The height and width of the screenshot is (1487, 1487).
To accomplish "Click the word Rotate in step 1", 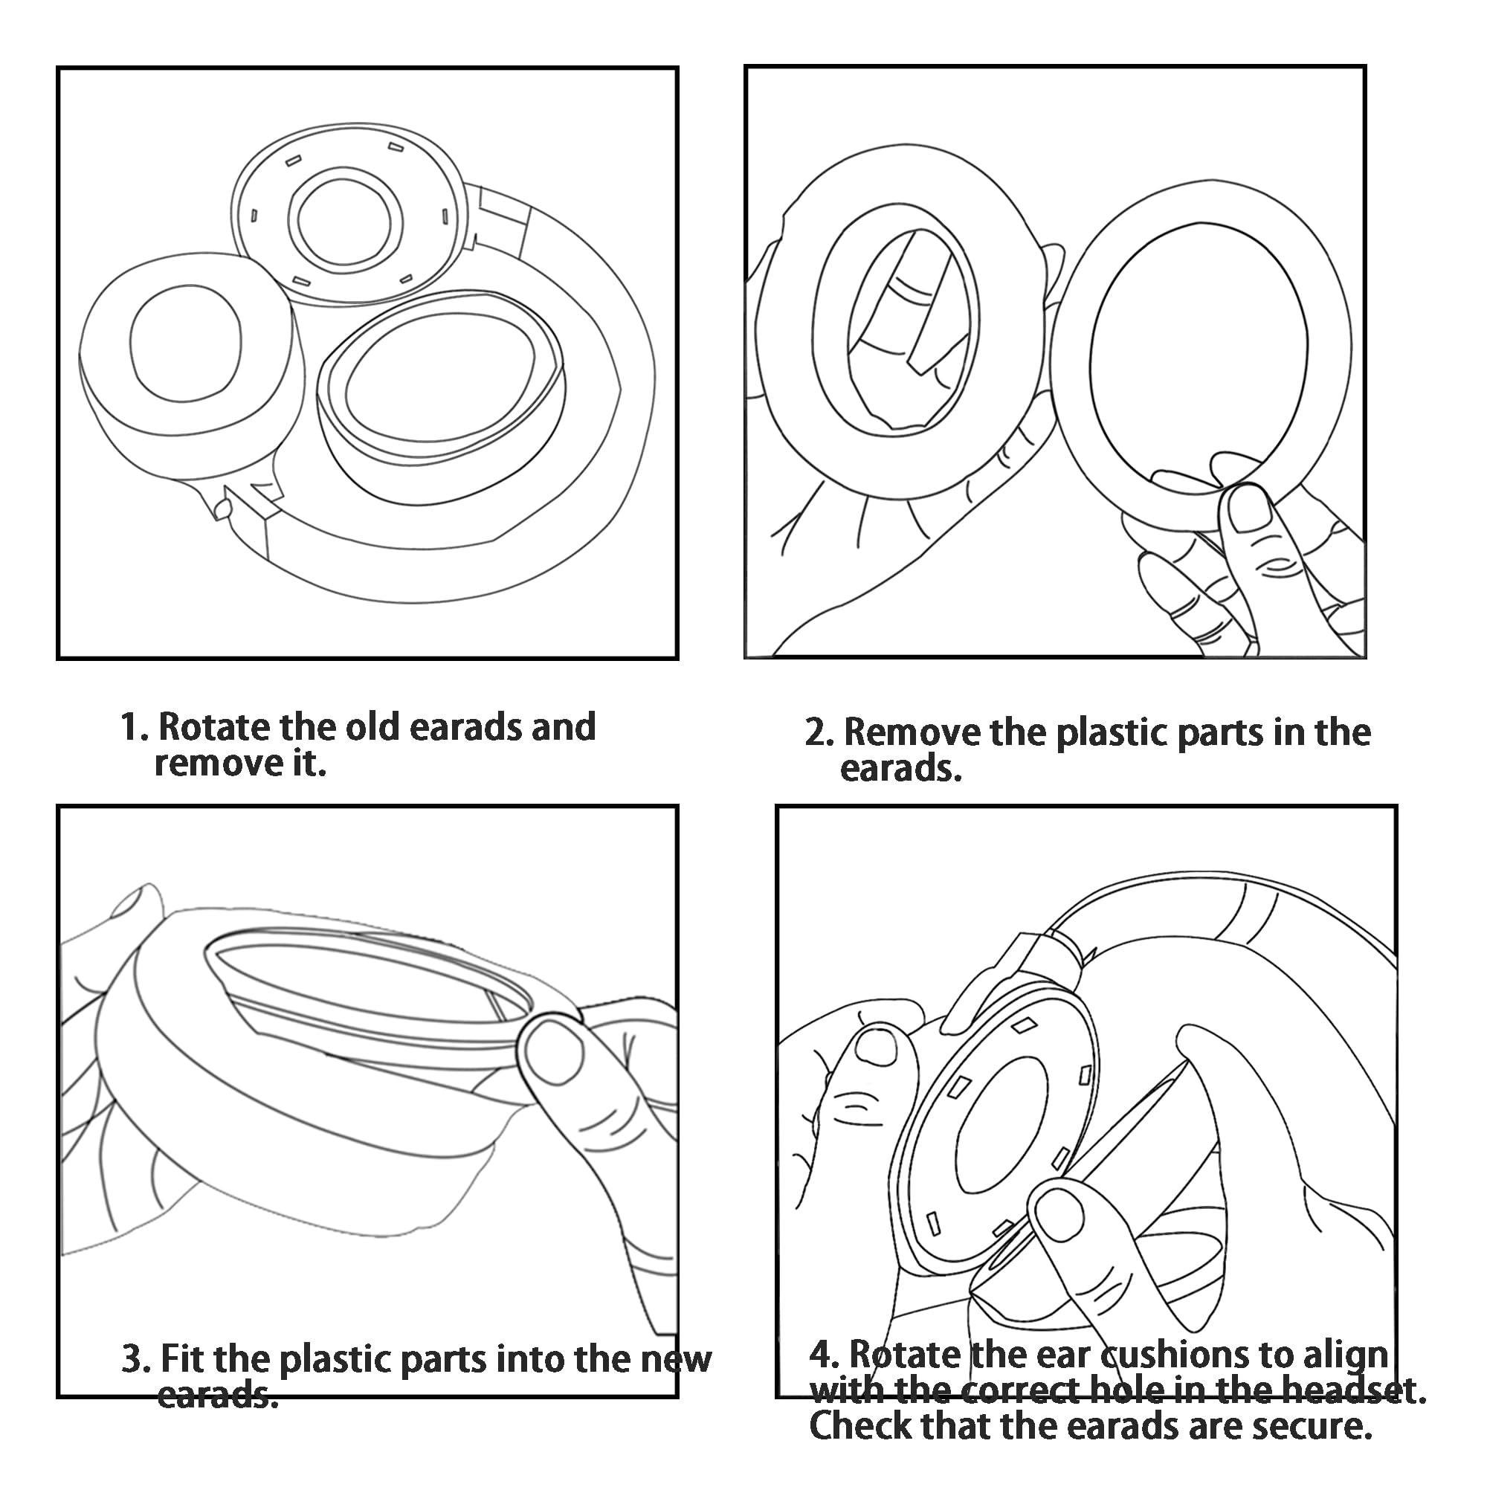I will click(214, 727).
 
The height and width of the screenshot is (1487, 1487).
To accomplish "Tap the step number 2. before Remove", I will click(819, 733).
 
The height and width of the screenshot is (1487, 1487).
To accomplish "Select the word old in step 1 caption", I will click(372, 727).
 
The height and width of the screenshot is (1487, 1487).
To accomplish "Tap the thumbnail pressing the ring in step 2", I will click(1248, 509).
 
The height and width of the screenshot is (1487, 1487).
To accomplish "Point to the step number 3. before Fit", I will click(135, 1360).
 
